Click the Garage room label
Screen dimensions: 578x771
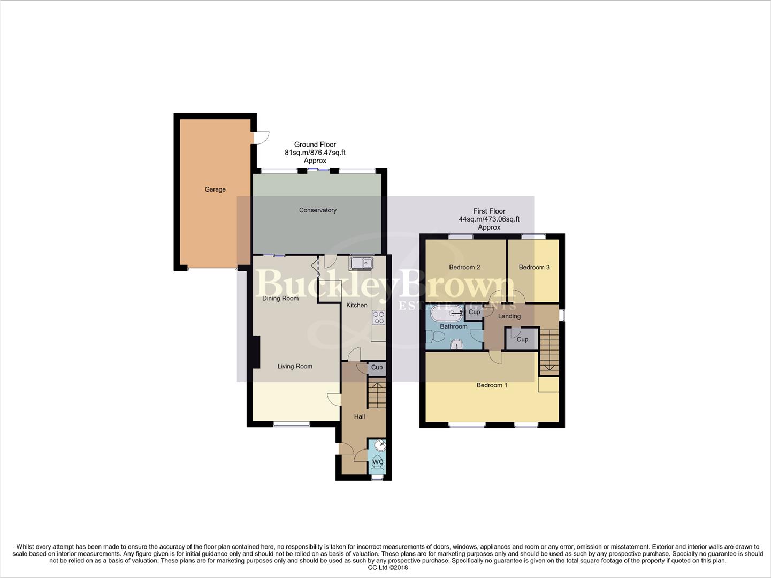(215, 189)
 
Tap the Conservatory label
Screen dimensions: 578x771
(318, 210)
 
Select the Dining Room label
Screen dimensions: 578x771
(280, 298)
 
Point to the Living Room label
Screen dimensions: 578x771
(295, 367)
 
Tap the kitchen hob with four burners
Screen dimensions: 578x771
(379, 317)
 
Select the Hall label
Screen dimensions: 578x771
(360, 416)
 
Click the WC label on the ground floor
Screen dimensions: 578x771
(378, 462)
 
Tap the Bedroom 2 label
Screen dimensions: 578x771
(464, 267)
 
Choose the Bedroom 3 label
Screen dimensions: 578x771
(534, 267)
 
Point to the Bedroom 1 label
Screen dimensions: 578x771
(492, 385)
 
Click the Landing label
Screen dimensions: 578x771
(509, 316)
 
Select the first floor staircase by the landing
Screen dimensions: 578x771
(549, 351)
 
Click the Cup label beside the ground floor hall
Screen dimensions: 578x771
(377, 367)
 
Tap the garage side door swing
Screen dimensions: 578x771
(261, 138)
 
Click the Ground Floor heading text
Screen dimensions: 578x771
(315, 144)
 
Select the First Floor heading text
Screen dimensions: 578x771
(489, 211)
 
